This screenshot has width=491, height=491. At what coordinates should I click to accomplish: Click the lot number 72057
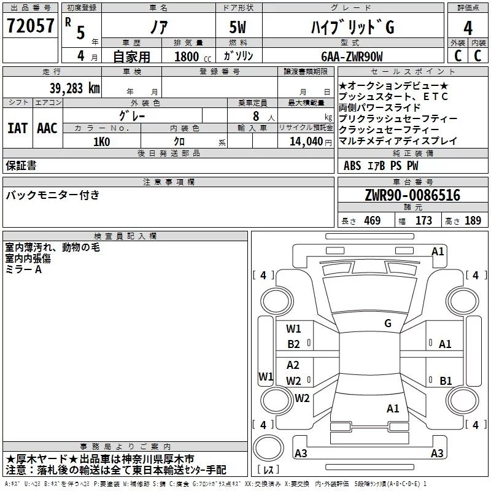coord(30,26)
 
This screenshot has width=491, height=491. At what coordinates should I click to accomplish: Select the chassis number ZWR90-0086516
coord(412,196)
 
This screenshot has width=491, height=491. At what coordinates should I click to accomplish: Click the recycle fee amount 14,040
coord(305,141)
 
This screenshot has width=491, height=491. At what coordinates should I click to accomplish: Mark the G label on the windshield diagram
coord(387,323)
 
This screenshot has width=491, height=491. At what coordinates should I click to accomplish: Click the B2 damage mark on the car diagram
coord(294,344)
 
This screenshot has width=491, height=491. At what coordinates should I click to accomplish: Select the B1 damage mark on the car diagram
coord(446,381)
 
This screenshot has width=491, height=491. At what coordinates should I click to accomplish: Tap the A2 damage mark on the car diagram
coord(293,365)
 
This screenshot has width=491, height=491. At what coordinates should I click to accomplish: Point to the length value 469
coord(371,221)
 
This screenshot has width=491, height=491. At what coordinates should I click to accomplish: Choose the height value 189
coord(473,221)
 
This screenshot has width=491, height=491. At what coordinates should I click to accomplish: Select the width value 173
coord(423,221)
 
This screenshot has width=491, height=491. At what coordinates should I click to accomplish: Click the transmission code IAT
coord(17,128)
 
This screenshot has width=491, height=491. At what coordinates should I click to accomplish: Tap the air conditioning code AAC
coord(47,128)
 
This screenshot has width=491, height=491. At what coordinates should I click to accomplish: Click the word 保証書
coord(21,165)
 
